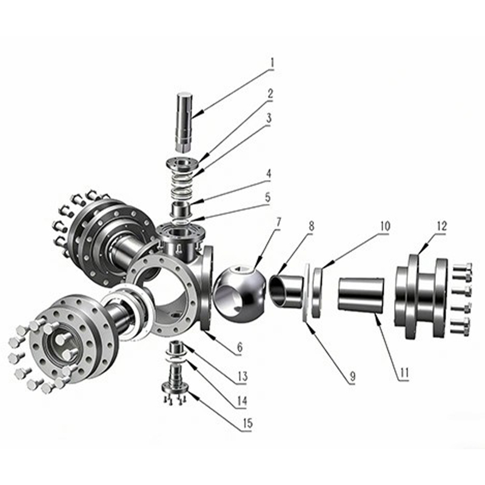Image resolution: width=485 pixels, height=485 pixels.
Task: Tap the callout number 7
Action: point(279,222)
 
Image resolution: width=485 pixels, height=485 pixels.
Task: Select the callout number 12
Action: point(442,226)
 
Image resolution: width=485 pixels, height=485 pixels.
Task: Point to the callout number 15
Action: point(248,423)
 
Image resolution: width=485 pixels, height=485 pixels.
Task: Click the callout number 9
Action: point(352,376)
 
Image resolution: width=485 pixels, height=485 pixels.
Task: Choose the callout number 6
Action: point(239,347)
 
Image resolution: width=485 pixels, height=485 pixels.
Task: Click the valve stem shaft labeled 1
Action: point(185,122)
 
